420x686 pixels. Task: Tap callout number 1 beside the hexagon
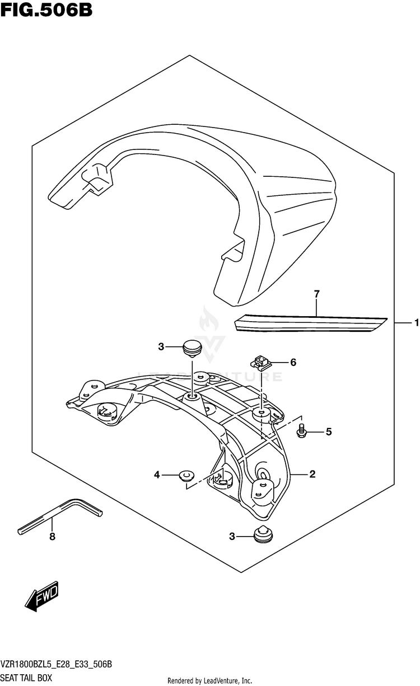coord(415,322)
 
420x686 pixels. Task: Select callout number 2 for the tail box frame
coord(312,474)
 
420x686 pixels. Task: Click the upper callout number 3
coord(161,347)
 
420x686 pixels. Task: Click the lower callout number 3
coord(232,537)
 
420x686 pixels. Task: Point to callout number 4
coord(157,475)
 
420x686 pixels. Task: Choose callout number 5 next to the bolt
coord(329,431)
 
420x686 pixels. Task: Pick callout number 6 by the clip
coord(292,363)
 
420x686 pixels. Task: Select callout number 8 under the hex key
coord(52,537)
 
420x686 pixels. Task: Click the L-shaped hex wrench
coord(62,514)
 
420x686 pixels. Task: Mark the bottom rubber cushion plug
coord(262,535)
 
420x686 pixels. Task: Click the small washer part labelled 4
coord(185,476)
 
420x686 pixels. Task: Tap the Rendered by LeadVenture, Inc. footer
coord(210,680)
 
